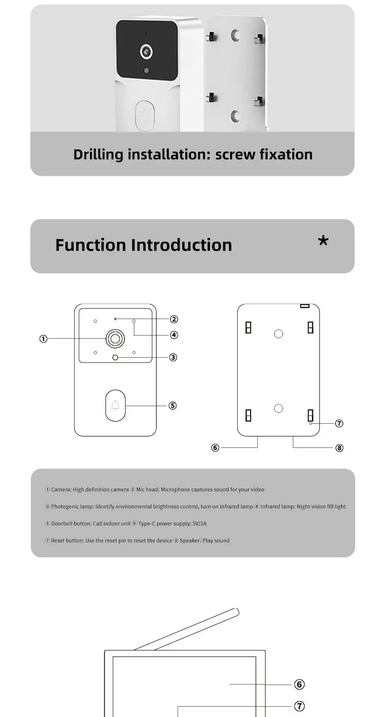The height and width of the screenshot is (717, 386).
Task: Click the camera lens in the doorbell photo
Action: (x=147, y=51)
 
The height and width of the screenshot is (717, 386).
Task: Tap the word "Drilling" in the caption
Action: (x=98, y=154)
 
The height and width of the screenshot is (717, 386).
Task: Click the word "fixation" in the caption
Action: (x=285, y=154)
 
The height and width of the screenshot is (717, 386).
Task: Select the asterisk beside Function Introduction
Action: (x=323, y=241)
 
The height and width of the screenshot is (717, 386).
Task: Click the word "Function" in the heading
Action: (x=91, y=245)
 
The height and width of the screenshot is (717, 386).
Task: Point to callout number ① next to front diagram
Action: (x=43, y=339)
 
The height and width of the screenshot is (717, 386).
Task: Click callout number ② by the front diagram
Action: (x=174, y=320)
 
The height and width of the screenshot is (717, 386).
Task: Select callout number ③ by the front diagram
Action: (x=173, y=357)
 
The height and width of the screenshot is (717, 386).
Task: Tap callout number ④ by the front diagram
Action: (x=174, y=335)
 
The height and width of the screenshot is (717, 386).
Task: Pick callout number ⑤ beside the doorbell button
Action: (x=173, y=406)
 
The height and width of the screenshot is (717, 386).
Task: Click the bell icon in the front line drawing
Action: (x=115, y=406)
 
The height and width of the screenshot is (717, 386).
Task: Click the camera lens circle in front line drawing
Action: (x=115, y=339)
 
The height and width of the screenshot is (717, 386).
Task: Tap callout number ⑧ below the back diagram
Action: (x=339, y=448)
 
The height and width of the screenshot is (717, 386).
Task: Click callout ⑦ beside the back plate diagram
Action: (x=339, y=424)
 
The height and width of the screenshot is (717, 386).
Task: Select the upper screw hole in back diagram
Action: (x=278, y=334)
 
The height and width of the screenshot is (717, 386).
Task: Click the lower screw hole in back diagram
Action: (x=278, y=409)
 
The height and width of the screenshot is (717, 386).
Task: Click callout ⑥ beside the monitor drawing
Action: (x=300, y=685)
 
